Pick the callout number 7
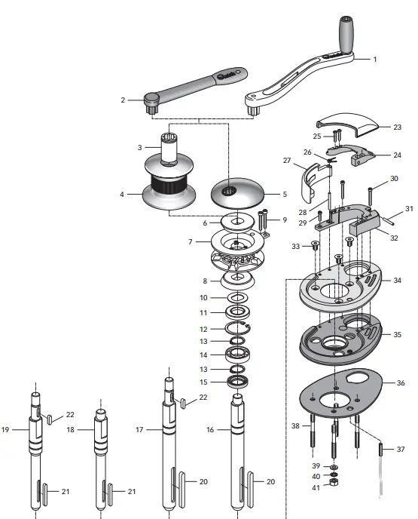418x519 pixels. click(191, 241)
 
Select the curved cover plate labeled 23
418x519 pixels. click(350, 119)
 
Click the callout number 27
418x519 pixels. click(287, 161)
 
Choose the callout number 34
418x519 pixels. click(397, 280)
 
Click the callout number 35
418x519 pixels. click(397, 333)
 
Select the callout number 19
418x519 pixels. click(5, 430)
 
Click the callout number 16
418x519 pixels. click(212, 429)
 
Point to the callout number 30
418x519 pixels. click(393, 179)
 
